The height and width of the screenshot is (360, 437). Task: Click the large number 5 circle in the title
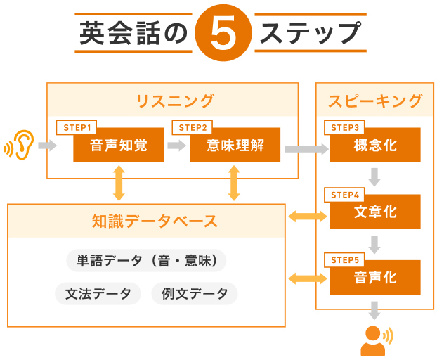tap(223, 34)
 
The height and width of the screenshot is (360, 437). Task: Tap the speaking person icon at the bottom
tap(375, 340)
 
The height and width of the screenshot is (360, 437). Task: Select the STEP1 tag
tap(76, 127)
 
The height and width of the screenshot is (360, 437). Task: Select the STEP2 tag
tap(192, 127)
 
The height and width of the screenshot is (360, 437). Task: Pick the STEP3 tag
tap(345, 127)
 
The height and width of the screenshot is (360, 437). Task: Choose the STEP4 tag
tap(345, 194)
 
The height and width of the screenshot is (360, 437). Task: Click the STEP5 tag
tap(345, 259)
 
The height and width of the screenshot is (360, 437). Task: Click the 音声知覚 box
tap(119, 146)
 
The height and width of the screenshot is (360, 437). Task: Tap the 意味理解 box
tap(235, 146)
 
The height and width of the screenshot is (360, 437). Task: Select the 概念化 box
tap(374, 146)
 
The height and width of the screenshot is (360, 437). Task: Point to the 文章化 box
tap(374, 212)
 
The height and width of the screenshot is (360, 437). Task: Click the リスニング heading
tap(173, 101)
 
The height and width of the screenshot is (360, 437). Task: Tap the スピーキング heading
tap(375, 101)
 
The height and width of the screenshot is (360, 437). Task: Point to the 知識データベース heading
tap(147, 221)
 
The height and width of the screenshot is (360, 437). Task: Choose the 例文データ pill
tap(195, 294)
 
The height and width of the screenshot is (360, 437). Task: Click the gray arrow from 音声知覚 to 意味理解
tap(176, 146)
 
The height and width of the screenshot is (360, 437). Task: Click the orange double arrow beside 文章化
tap(307, 217)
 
